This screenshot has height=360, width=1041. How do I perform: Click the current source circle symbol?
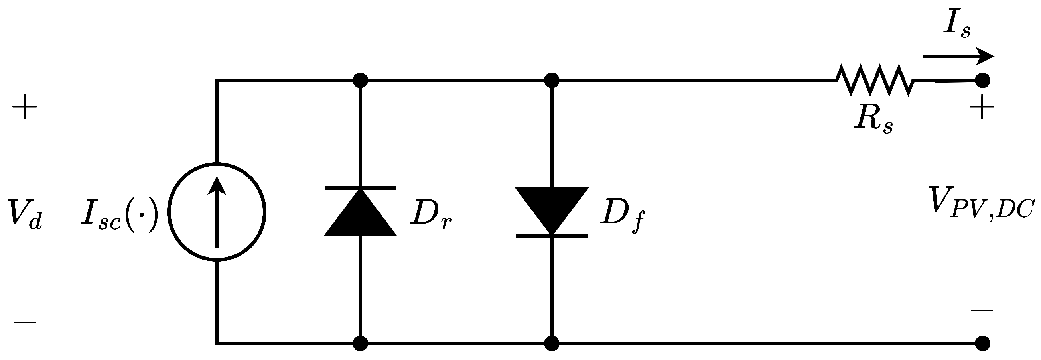(217, 212)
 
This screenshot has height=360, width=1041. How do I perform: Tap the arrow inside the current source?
(217, 210)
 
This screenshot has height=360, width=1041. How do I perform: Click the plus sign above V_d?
(25, 108)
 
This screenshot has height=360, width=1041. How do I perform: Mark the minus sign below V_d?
(25, 323)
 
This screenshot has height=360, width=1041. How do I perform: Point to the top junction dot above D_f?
(552, 81)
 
